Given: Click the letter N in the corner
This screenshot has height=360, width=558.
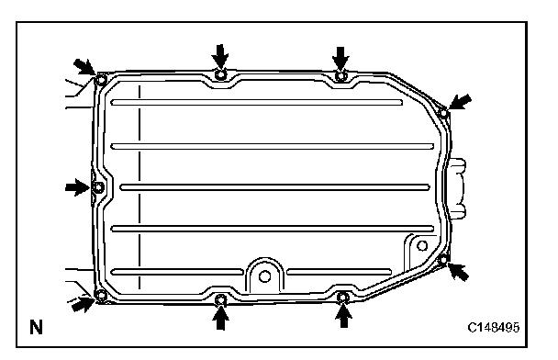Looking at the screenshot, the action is [36, 327].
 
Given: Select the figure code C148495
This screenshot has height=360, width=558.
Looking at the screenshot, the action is [493, 327].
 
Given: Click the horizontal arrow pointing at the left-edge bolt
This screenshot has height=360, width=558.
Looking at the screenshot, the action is [77, 187].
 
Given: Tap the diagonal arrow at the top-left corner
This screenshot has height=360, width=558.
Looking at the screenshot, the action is [84, 67].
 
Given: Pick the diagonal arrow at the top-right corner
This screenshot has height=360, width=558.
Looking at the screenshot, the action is [460, 102].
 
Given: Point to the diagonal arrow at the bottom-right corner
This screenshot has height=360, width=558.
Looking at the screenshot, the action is [458, 271].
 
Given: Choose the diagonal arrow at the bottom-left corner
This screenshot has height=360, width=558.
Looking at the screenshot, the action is [83, 304].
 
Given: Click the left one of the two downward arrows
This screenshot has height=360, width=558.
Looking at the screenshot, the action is [220, 56].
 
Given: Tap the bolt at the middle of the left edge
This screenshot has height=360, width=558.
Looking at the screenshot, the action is [98, 187].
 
